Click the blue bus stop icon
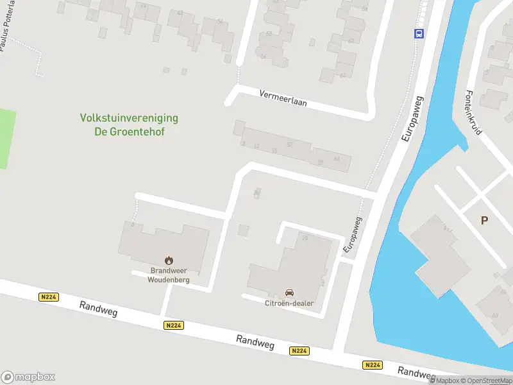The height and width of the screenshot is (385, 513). click(x=419, y=34)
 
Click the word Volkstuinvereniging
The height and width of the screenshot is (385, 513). click(x=129, y=118)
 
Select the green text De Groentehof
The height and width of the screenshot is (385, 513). click(x=129, y=131)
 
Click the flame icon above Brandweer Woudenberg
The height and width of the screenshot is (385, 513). click(x=169, y=260)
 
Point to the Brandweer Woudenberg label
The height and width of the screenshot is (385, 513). click(x=169, y=275)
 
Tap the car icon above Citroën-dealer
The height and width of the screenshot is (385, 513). click(x=289, y=293)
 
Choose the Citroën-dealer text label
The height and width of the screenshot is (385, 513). click(x=289, y=303)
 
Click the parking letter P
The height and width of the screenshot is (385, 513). click(x=484, y=220)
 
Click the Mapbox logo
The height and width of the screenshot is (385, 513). click(x=28, y=377)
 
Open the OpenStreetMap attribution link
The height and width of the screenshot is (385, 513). click(x=489, y=381)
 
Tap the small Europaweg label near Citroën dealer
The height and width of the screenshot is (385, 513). click(x=353, y=234)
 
